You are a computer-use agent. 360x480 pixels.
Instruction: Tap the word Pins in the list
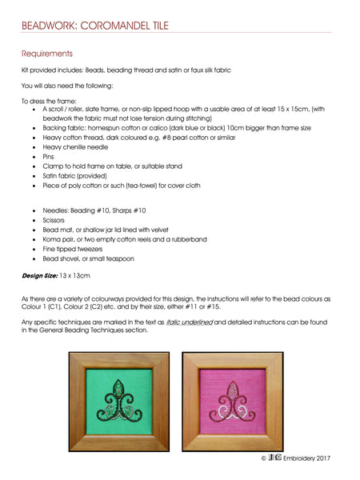tap(48, 157)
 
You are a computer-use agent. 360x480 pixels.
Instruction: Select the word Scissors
tap(56, 218)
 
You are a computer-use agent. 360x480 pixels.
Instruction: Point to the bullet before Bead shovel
tap(33, 258)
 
